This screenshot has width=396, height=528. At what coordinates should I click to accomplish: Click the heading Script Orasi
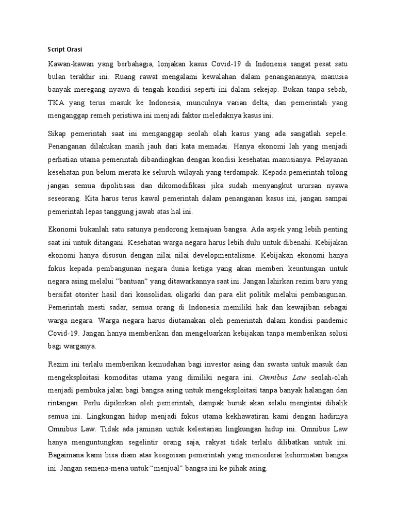click(65, 49)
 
